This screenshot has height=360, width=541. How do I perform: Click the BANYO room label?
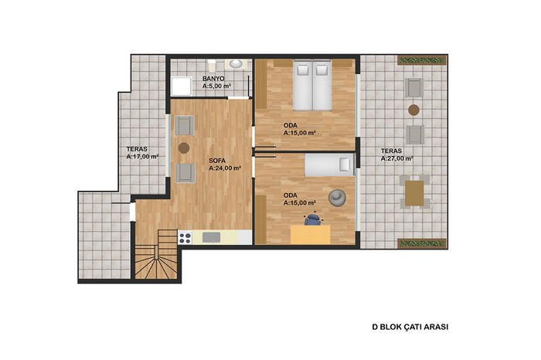pyautogui.click(x=213, y=79)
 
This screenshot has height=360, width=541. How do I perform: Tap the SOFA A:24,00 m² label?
pyautogui.click(x=225, y=165)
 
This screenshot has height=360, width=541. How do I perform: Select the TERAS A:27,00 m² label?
pyautogui.click(x=396, y=155)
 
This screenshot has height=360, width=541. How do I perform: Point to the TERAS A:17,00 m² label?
pyautogui.click(x=142, y=153)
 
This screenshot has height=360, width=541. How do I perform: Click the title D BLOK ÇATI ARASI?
pyautogui.click(x=410, y=327)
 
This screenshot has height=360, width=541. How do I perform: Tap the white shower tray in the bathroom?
pyautogui.click(x=182, y=87)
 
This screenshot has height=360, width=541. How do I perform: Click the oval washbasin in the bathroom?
pyautogui.click(x=236, y=64)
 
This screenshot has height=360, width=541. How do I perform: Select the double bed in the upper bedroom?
pyautogui.click(x=312, y=86)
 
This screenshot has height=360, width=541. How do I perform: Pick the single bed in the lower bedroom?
pyautogui.click(x=329, y=165)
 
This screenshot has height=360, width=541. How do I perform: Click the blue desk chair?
pyautogui.click(x=312, y=219)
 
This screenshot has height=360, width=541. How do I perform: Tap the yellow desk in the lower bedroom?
pyautogui.click(x=310, y=235)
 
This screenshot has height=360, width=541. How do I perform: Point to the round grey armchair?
pyautogui.click(x=337, y=198)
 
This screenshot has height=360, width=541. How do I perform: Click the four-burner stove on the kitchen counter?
pyautogui.click(x=185, y=237)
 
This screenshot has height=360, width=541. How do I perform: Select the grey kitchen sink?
pyautogui.click(x=211, y=237)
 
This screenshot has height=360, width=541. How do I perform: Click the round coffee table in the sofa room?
pyautogui.click(x=184, y=148)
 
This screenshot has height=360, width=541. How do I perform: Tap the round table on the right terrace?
pyautogui.click(x=413, y=110)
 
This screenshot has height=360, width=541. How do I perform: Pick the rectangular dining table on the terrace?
pyautogui.click(x=414, y=193)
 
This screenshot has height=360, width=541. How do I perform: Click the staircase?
pyautogui.click(x=156, y=254)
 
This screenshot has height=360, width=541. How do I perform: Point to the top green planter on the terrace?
pyautogui.click(x=422, y=61)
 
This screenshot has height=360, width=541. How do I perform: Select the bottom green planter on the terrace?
pyautogui.click(x=422, y=243)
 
